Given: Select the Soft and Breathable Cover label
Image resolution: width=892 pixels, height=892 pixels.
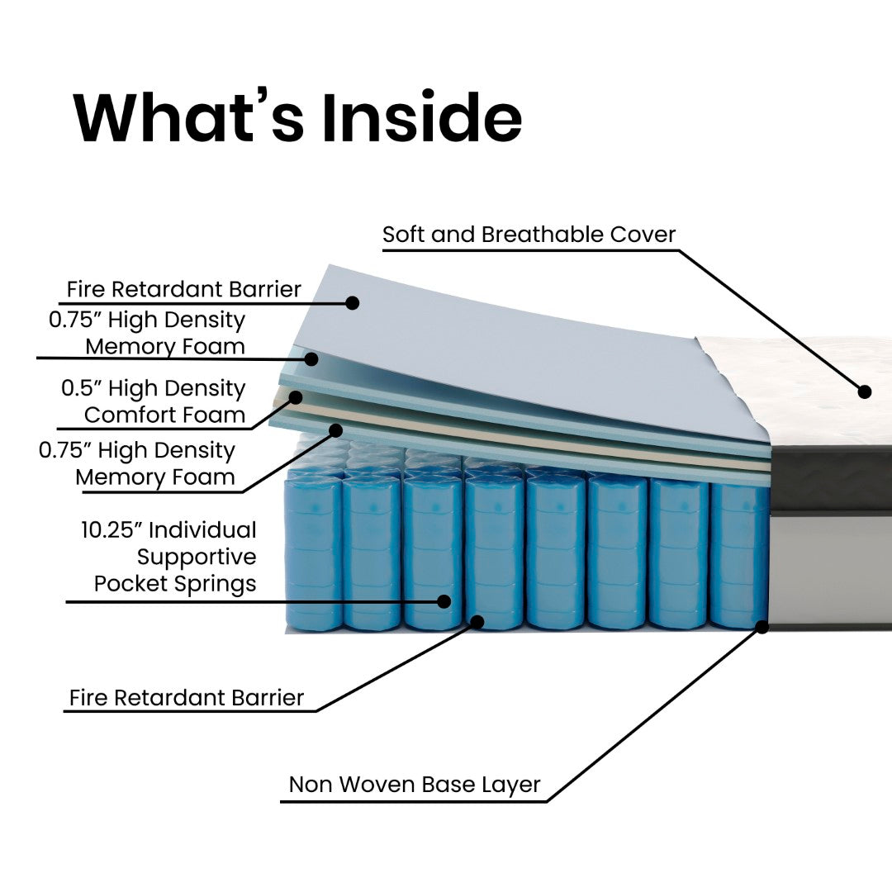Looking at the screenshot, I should point(529,235).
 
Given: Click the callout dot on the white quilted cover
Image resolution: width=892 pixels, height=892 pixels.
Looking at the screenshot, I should point(865,391).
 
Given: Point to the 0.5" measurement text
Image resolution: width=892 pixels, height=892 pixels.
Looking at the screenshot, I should point(82,388).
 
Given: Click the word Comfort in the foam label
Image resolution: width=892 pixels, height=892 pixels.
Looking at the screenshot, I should point(136,415).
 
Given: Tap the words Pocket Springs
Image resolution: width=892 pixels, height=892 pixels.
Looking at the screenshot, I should point(175,583).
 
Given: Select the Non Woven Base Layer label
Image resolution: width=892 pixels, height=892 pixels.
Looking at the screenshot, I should point(415,785).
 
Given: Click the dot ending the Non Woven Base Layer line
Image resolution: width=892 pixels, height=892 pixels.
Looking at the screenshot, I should point(762,628).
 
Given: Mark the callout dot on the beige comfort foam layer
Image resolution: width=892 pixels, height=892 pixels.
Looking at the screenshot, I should point(295,397).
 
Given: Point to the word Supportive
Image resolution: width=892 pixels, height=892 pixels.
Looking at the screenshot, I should point(197,557).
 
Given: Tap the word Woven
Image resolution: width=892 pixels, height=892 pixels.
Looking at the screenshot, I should point(377,785).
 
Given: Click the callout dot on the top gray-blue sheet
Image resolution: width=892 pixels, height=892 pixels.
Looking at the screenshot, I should point(352,303).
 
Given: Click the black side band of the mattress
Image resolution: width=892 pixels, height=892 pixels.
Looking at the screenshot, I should point(830,479).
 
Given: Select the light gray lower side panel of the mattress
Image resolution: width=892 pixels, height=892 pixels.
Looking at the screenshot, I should point(830,570).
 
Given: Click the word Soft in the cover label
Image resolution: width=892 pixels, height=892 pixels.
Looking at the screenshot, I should point(405,235).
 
